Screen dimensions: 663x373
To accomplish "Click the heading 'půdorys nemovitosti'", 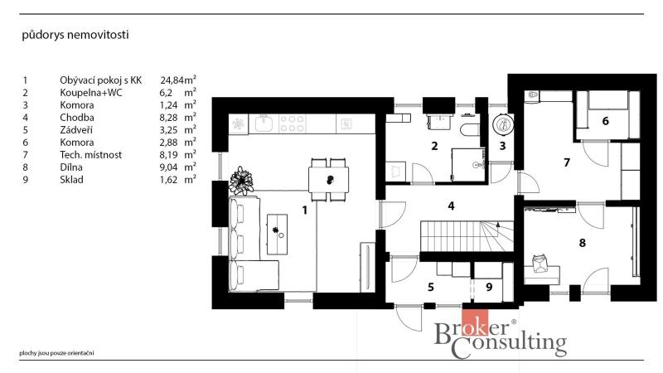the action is click(75, 35).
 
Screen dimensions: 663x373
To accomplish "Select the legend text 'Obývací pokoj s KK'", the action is click(100, 80).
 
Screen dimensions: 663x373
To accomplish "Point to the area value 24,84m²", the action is click(178, 80).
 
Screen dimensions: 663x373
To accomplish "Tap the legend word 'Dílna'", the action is click(71, 167).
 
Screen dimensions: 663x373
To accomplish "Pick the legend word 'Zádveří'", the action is click(76, 130).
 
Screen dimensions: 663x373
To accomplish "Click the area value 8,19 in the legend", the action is click(168, 155).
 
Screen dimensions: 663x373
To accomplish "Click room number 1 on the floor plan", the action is click(304, 210).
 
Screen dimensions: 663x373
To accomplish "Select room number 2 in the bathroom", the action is click(434, 146).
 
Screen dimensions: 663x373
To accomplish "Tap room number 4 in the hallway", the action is click(451, 206).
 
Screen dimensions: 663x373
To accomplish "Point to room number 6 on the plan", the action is click(606, 121).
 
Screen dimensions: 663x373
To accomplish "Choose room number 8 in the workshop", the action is click(583, 243).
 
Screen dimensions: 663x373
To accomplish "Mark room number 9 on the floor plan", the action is click(489, 287).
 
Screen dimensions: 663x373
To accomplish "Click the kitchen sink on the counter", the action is click(264, 124).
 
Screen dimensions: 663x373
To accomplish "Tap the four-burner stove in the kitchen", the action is click(293, 124).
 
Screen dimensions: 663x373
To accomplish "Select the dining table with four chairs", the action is click(329, 180).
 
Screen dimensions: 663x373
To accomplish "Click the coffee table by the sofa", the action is click(277, 234).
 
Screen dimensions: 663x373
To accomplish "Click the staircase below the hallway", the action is click(467, 236).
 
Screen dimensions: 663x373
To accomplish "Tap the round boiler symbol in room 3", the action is click(503, 124).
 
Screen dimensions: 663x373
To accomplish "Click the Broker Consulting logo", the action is click(501, 335).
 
